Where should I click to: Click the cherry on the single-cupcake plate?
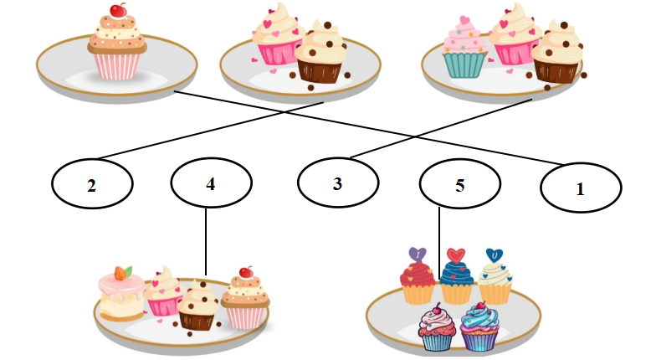point(119,10)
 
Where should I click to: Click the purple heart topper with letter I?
point(417,255)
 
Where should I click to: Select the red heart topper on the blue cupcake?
point(455,255)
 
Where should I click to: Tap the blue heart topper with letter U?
point(495,255)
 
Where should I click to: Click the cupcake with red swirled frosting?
point(418,281)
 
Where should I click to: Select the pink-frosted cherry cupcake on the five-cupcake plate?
point(437,327)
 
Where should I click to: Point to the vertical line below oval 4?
point(206,241)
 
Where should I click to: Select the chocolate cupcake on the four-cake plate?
point(197,306)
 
